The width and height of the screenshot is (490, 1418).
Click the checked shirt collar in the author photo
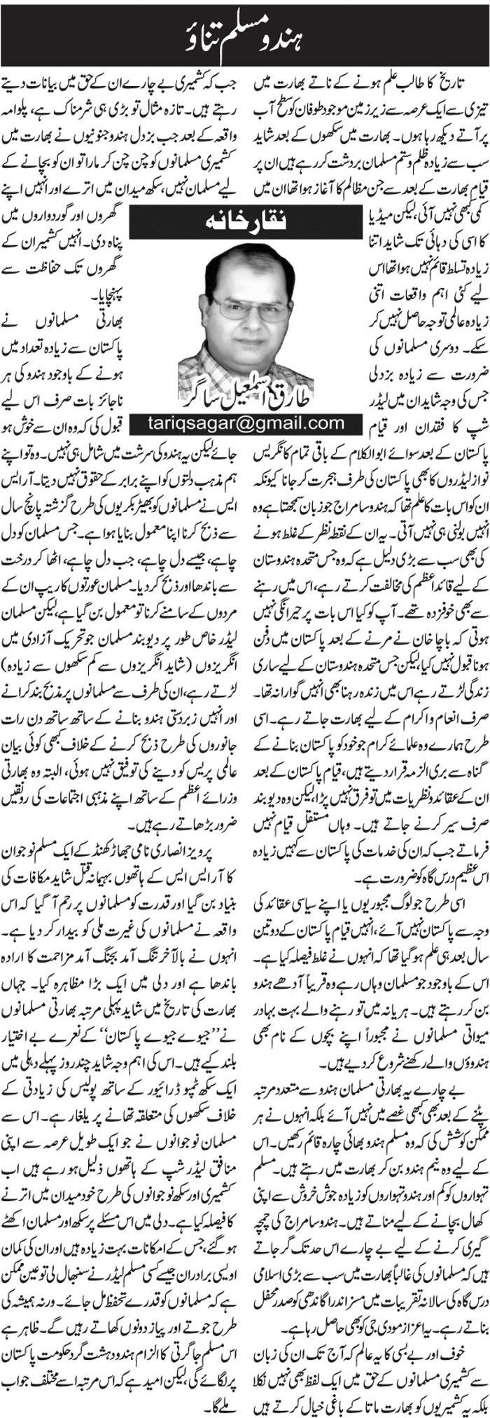[210, 364]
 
